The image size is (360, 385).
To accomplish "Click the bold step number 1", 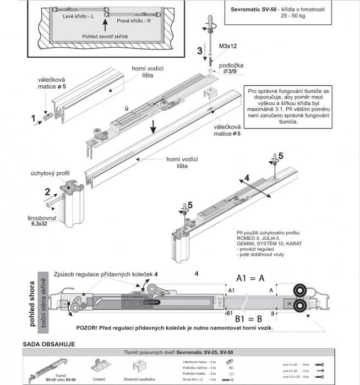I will click(33, 117).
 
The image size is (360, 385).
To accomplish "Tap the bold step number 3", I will click(200, 51).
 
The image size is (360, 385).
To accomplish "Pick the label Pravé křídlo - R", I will click(136, 21).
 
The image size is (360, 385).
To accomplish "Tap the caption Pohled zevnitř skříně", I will click(105, 36).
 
